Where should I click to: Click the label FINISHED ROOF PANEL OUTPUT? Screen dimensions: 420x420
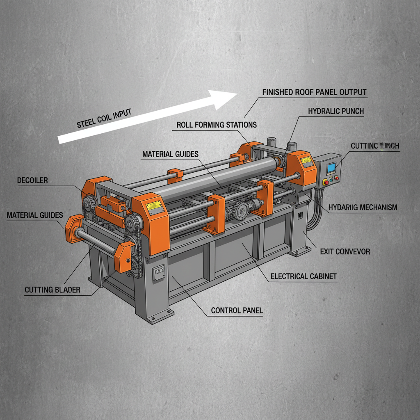(x=314, y=92)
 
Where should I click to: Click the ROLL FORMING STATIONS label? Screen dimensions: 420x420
(x=217, y=125)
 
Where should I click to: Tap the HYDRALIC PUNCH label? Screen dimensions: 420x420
(x=336, y=111)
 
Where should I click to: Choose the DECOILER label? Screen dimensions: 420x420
(x=32, y=180)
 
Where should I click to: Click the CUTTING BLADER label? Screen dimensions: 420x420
(x=52, y=290)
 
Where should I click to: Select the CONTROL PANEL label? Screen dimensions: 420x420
(x=237, y=310)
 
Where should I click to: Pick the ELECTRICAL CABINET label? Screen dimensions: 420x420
(x=304, y=276)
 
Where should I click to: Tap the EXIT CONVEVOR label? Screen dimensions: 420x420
(x=345, y=251)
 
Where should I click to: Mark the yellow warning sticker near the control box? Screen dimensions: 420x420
(x=306, y=161)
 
